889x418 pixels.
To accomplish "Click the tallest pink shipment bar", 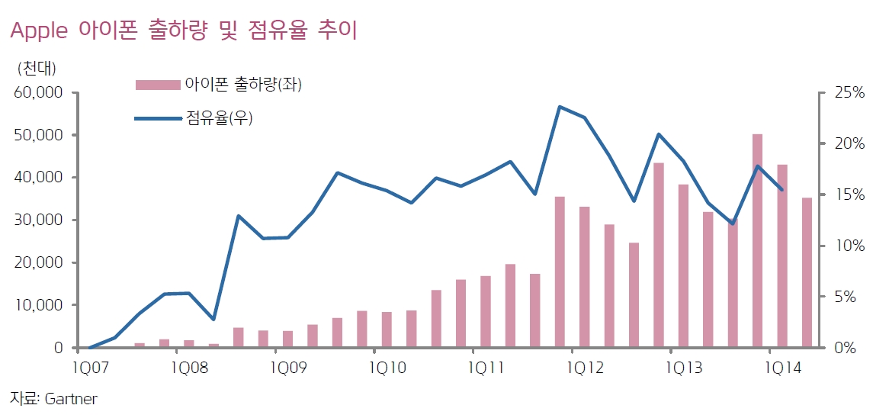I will (x=757, y=240).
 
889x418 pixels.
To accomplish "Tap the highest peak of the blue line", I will (x=560, y=107).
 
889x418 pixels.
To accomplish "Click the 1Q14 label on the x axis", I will (x=781, y=368).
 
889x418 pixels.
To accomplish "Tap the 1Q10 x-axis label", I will (x=387, y=368).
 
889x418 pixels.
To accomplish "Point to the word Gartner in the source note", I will (x=71, y=399).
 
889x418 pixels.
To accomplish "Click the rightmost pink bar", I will (x=807, y=272).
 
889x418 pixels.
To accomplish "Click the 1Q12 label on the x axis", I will (x=584, y=368).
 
